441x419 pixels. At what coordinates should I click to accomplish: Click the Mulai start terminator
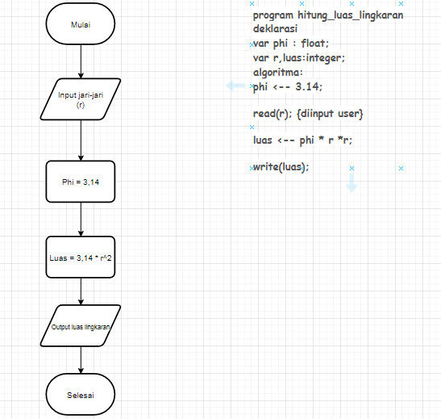click(x=81, y=25)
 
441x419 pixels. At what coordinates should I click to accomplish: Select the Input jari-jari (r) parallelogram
click(x=81, y=100)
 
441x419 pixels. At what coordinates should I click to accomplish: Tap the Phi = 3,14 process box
click(x=81, y=182)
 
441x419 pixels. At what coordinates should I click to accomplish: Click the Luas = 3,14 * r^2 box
click(x=81, y=258)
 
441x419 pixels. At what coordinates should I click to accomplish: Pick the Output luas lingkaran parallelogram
click(x=81, y=327)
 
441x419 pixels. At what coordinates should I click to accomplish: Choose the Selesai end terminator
click(x=81, y=396)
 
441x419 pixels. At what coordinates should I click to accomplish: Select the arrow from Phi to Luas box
click(x=81, y=219)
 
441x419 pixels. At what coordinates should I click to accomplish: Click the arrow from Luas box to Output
click(x=81, y=291)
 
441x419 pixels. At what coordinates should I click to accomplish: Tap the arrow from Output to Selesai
click(x=81, y=361)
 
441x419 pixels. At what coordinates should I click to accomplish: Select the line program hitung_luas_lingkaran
click(x=328, y=15)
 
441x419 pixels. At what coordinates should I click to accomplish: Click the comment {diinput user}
click(x=330, y=114)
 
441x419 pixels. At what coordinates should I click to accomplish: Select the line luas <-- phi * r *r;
click(x=302, y=140)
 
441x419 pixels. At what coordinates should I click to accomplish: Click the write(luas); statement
click(x=281, y=166)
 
